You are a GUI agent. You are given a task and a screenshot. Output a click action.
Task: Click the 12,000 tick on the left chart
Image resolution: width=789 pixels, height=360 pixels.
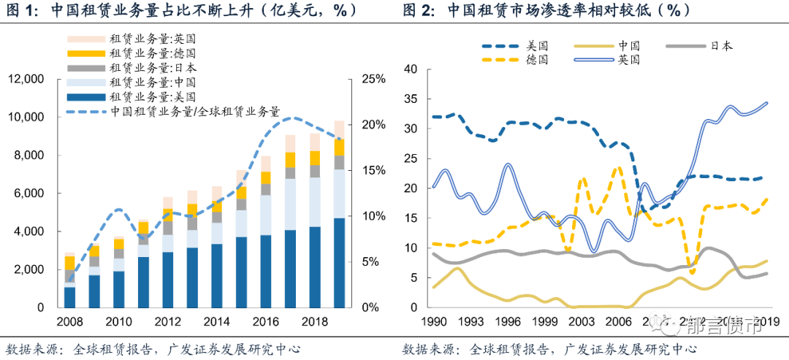[x=26, y=79]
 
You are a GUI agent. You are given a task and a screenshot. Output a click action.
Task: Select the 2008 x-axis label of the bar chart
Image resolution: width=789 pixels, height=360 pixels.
[x=70, y=323]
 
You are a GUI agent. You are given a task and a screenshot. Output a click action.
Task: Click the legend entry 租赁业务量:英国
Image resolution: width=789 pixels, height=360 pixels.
[x=152, y=38]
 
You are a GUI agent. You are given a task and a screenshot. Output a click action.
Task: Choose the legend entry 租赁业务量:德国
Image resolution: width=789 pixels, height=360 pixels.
[x=152, y=53]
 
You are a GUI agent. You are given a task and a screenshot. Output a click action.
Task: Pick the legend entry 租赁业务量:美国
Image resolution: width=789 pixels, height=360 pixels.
[x=152, y=97]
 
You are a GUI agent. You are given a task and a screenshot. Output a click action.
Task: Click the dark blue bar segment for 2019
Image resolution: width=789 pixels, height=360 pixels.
[x=339, y=263]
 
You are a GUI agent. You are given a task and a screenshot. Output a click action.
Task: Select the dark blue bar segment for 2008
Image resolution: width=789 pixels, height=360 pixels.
[x=70, y=297]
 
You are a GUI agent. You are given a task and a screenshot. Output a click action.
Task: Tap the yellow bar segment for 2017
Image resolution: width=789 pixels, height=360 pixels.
[x=290, y=160]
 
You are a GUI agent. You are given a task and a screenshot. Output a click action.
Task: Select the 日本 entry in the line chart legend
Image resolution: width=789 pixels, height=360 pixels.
[x=720, y=45]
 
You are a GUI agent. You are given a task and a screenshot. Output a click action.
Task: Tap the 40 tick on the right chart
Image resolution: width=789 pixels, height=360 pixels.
[x=411, y=69]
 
